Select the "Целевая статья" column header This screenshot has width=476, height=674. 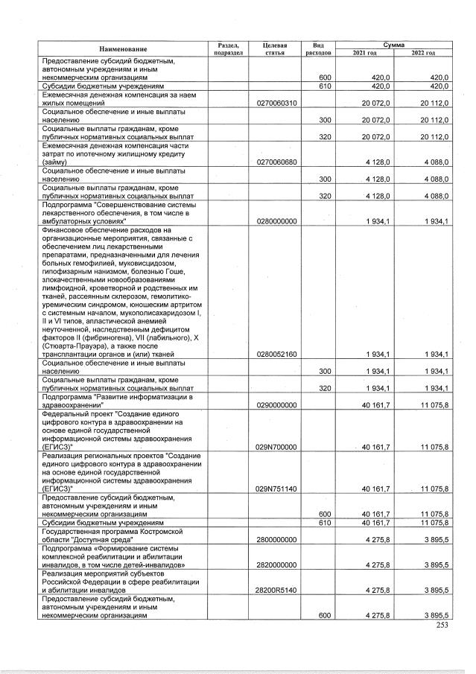coord(275,48)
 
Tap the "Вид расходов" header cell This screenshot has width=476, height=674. coord(317,48)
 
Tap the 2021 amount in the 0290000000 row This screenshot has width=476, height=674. coord(367,404)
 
